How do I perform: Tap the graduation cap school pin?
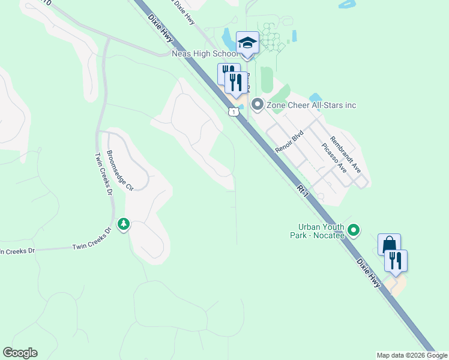coord(247,43)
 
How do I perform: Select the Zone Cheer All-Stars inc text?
coord(312,106)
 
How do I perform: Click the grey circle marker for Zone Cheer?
coord(258,105)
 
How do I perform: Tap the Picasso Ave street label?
coord(334,158)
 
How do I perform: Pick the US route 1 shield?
coord(232,111)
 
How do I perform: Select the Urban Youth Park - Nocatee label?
coord(321,231)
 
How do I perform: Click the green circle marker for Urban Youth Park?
coord(354,230)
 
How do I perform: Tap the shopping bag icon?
coord(388,245)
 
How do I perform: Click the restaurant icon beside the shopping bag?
coord(396,260)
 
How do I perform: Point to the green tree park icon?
coord(124,224)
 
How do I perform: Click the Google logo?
coord(20,353)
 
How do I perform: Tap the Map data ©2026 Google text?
coord(412,355)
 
